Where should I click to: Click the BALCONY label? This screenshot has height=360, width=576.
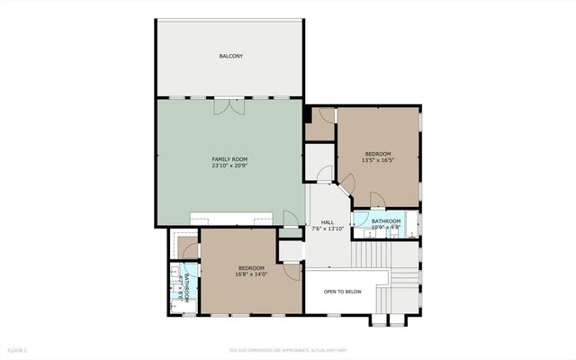pyautogui.click(x=230, y=57)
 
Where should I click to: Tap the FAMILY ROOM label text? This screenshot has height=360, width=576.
pyautogui.click(x=229, y=159)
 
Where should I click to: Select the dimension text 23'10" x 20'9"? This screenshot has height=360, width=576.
pyautogui.click(x=229, y=166)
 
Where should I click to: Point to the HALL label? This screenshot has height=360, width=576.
pyautogui.click(x=328, y=221)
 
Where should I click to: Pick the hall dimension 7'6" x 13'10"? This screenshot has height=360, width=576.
pyautogui.click(x=328, y=228)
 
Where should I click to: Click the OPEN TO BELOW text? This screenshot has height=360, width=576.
pyautogui.click(x=342, y=292)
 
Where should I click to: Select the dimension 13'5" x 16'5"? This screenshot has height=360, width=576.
pyautogui.click(x=379, y=160)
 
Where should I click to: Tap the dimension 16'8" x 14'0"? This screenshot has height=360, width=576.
pyautogui.click(x=251, y=274)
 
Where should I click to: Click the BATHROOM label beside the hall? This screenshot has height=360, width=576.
pyautogui.click(x=386, y=220)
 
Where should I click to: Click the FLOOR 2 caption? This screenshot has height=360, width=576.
pyautogui.click(x=18, y=349)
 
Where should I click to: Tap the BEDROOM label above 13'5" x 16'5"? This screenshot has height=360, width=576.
pyautogui.click(x=379, y=154)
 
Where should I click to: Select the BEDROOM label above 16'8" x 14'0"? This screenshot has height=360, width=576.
pyautogui.click(x=251, y=267)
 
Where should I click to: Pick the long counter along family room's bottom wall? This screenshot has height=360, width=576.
pyautogui.click(x=231, y=220)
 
